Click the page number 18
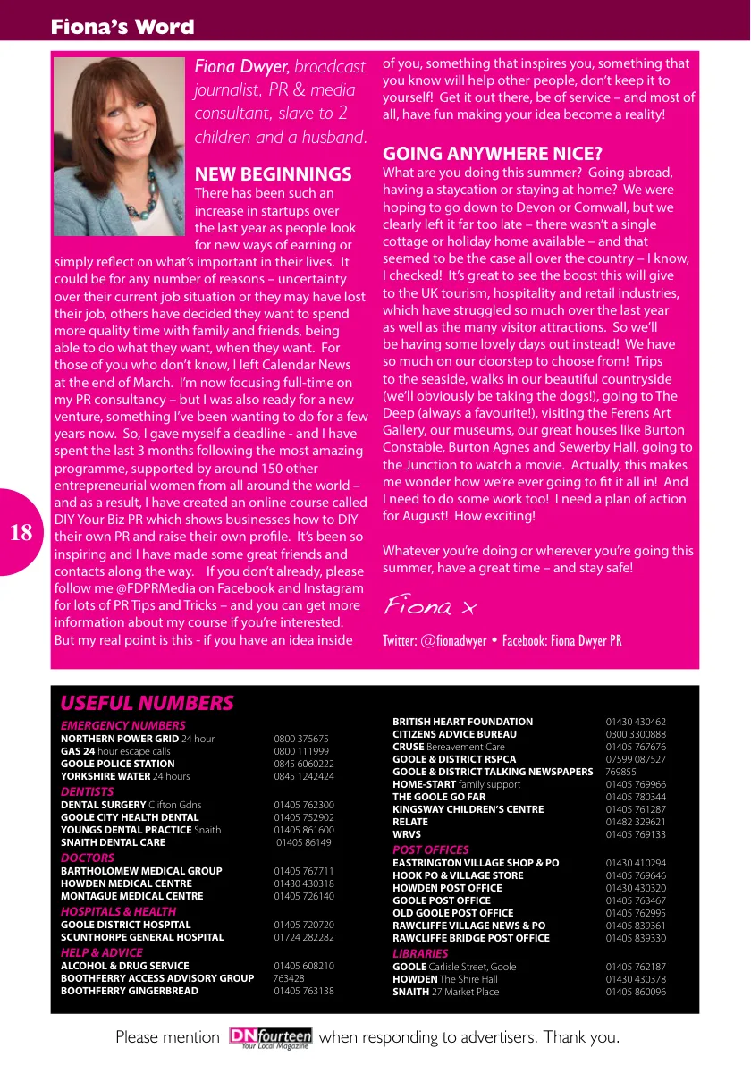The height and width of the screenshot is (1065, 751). pos(21,533)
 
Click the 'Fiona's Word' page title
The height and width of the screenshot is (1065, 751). pos(122,27)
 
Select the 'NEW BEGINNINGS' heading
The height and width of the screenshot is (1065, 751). pos(273,173)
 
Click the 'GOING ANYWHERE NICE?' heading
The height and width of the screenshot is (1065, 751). pos(493,153)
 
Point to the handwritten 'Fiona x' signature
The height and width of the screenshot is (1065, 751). pos(430,607)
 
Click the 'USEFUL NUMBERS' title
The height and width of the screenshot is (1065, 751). pos(147,703)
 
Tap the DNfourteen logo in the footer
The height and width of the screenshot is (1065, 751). pos(270,1037)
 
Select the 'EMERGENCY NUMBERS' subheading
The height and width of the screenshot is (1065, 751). pos(122,725)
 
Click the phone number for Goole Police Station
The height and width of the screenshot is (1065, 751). pos(304,764)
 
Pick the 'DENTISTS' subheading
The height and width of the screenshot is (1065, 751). pos(87,791)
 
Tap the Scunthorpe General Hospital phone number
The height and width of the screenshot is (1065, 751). pos(304,937)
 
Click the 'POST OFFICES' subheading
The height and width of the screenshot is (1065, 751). pos(431,849)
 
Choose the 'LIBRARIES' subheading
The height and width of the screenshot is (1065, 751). pos(420,953)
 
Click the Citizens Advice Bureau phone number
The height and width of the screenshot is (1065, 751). pos(636,734)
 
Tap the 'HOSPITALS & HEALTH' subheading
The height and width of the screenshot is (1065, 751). pos(118,911)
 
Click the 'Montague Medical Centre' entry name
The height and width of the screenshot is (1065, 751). pos(131,896)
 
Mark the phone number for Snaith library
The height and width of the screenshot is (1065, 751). pos(636,992)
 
